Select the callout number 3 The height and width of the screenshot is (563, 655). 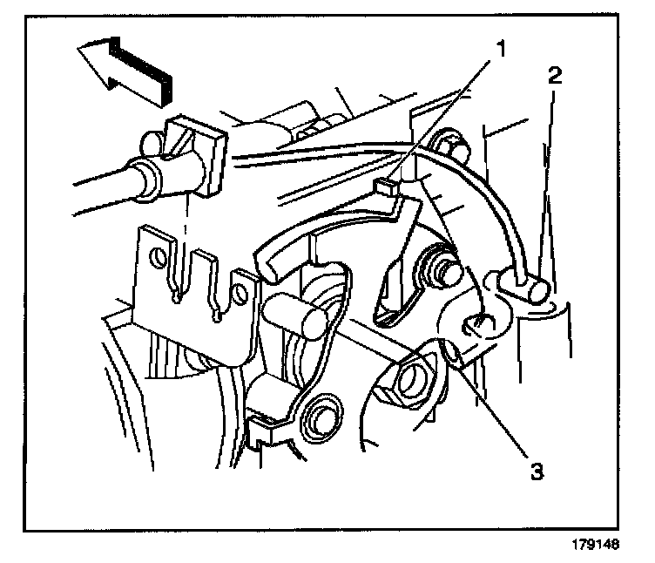537,471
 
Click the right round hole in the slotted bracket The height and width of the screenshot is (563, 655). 236,282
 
